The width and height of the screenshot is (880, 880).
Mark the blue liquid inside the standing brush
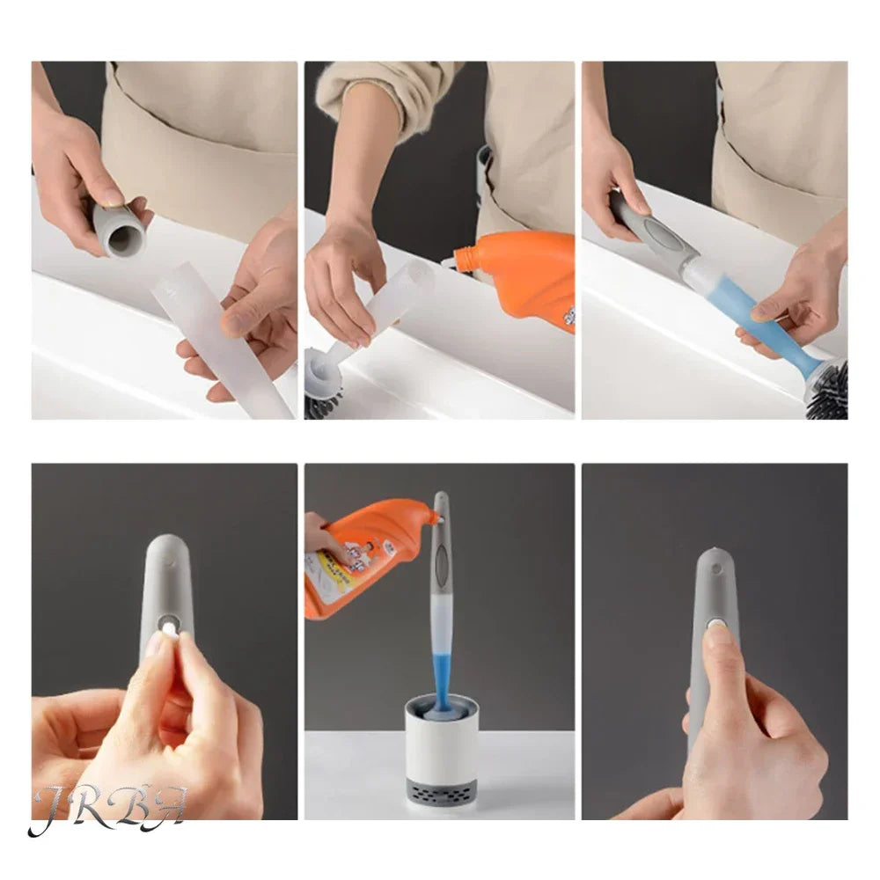tap(440, 651)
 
